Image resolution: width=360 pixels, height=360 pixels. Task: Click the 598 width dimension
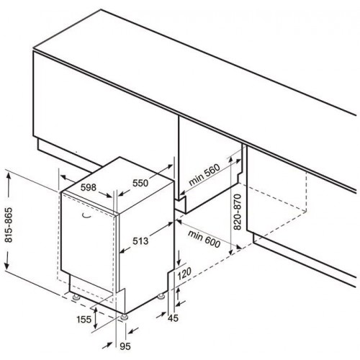pos(89,187)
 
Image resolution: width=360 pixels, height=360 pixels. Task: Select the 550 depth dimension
pos(140,183)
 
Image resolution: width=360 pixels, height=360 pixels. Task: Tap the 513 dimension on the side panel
pos(140,240)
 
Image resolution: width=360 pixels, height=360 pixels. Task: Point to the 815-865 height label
pos(9,225)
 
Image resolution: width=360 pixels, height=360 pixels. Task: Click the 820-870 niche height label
pos(237,212)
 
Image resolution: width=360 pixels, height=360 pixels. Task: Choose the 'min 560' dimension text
pos(204,174)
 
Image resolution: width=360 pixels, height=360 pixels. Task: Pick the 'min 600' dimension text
pos(204,239)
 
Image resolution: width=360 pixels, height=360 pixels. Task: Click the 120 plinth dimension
pos(184,274)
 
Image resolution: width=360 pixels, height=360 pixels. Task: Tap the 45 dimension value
pos(173,318)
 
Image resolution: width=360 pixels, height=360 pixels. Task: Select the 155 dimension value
pos(84,320)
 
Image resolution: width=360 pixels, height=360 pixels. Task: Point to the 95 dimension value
pos(125,346)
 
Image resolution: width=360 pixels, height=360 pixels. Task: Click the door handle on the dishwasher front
pos(86,216)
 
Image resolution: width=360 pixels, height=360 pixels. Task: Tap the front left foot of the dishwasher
pos(76,297)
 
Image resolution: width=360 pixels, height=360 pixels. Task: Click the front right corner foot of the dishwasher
pos(125,317)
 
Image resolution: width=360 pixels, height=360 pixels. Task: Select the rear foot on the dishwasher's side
pos(161,297)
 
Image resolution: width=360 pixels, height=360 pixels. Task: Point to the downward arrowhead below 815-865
pos(7,264)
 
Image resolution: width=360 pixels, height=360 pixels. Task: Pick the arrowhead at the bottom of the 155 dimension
pos(96,324)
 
